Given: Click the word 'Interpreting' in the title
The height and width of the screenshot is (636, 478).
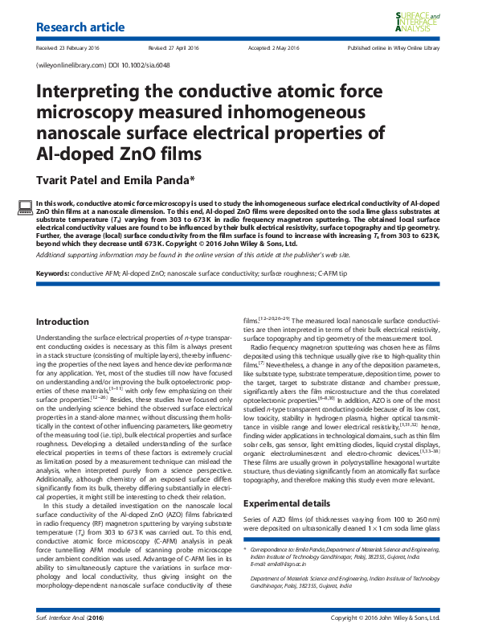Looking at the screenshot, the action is (x=88, y=92).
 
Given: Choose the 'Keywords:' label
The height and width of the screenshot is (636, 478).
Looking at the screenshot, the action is (x=53, y=274).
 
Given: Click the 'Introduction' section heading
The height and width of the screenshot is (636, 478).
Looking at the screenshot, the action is (x=63, y=322).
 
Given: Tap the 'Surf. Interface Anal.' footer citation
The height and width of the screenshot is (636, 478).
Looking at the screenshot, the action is (x=64, y=618).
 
